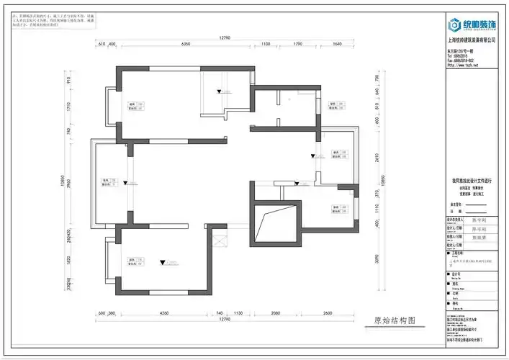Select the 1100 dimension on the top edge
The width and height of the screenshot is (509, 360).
tap(266, 45)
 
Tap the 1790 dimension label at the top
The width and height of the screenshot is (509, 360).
tap(297, 45)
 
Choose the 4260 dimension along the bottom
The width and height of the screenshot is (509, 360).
tap(164, 313)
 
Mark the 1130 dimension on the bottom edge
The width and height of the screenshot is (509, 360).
tap(238, 313)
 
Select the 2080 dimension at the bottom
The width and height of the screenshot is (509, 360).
tap(275, 313)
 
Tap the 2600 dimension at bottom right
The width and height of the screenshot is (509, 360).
tap(328, 313)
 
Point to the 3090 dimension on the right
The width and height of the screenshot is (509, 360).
tap(377, 258)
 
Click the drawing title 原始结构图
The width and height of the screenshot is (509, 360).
tap(395, 321)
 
